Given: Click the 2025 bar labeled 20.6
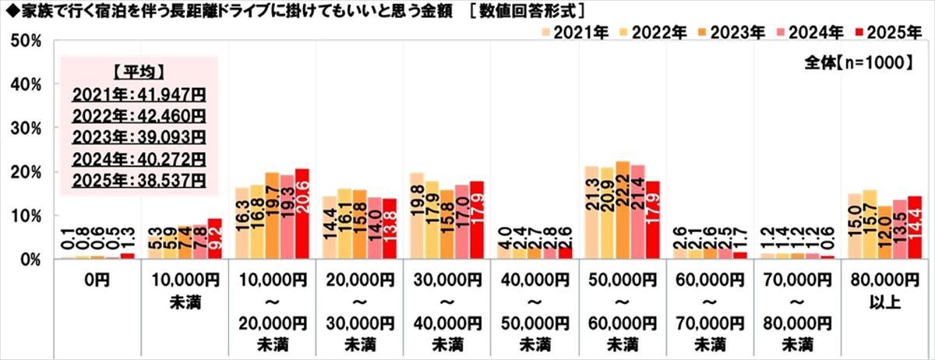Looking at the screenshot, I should tap(302, 214).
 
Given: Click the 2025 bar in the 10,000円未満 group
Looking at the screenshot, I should tap(215, 239).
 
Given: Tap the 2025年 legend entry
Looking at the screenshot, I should tap(885, 33).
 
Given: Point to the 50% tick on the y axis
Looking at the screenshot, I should tap(25, 40).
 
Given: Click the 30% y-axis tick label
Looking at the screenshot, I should tap(25, 128).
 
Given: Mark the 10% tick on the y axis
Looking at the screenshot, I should tap(25, 216).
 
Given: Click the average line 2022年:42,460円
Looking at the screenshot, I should tap(139, 118).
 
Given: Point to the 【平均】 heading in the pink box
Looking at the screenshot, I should tap(138, 74).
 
